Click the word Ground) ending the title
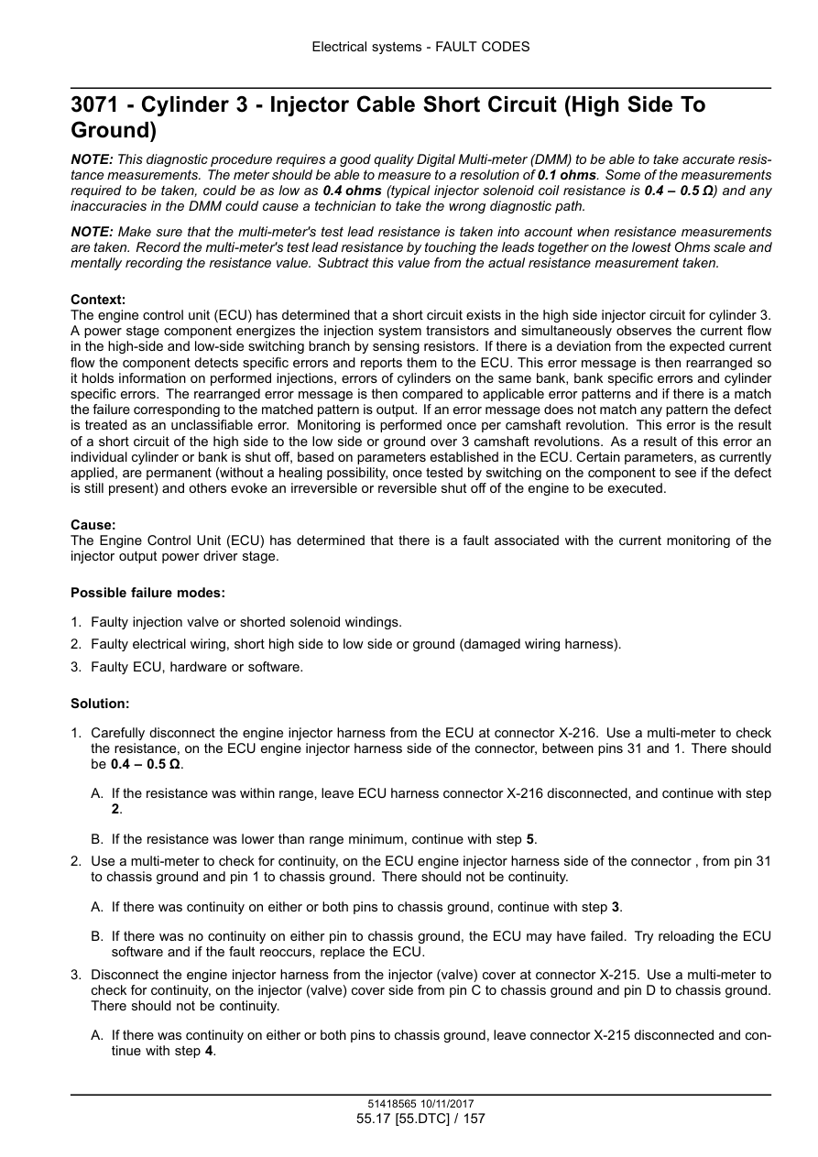(x=115, y=131)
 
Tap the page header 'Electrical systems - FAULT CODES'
(x=420, y=47)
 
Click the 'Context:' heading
(x=98, y=300)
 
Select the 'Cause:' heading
(x=93, y=525)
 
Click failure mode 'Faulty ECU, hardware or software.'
(x=196, y=667)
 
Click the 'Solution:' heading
(x=100, y=704)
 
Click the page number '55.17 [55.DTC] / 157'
(x=420, y=1119)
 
